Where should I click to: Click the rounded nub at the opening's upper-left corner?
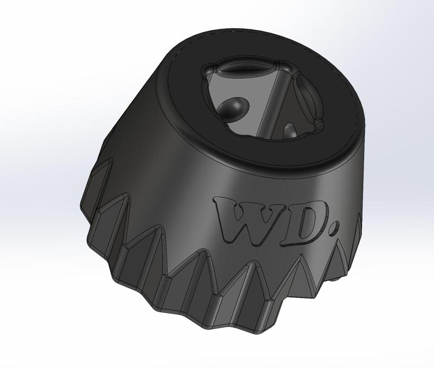pyautogui.click(x=210, y=69)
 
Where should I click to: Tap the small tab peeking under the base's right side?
pyautogui.click(x=340, y=279)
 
